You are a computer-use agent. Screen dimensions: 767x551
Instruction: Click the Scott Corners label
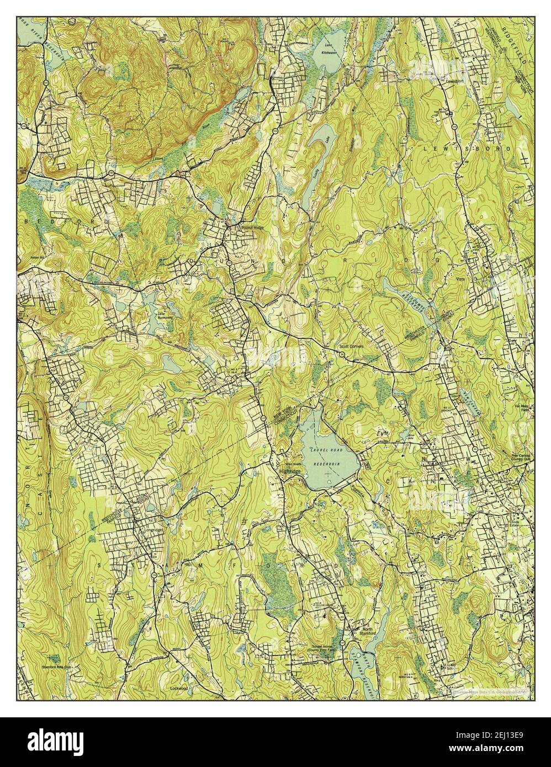click(351, 348)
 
